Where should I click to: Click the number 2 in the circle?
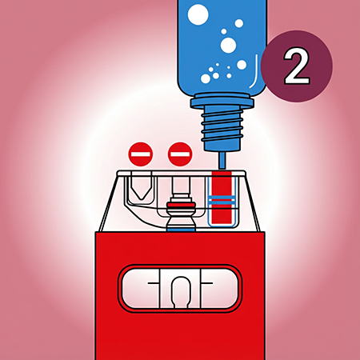tap(297, 66)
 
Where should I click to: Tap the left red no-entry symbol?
tap(141, 154)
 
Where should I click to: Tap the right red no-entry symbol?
tap(180, 154)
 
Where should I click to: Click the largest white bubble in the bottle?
tap(198, 14)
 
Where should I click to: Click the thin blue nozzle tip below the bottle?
tap(222, 160)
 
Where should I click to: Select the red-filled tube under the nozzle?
tap(222, 198)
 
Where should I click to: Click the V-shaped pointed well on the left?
tap(142, 186)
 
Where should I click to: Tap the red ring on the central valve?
tap(181, 205)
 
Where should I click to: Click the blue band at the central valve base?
tap(181, 229)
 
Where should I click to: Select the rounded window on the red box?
tap(180, 288)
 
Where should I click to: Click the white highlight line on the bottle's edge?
tap(254, 71)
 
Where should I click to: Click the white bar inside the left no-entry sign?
tap(141, 154)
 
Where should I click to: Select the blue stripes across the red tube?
tap(222, 202)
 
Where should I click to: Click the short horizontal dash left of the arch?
tap(154, 283)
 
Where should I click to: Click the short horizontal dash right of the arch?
tap(207, 283)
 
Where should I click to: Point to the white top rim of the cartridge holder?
tap(182, 174)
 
